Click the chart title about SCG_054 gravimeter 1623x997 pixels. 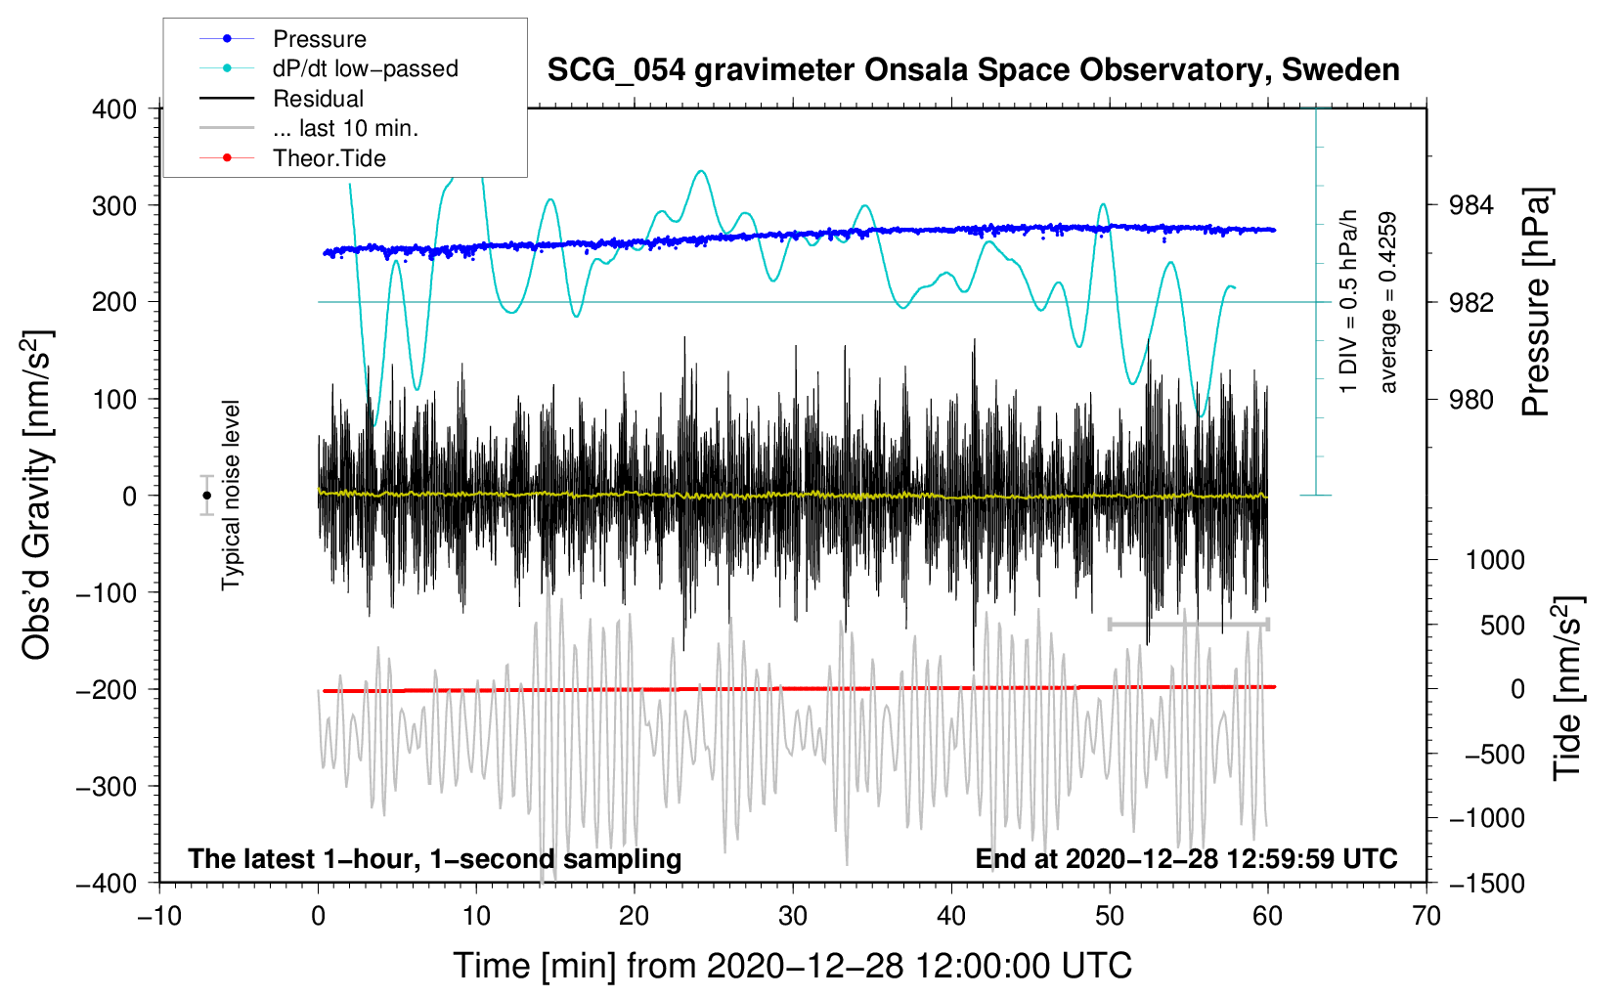point(973,70)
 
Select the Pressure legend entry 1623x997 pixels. point(320,39)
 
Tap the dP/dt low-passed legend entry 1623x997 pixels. point(365,68)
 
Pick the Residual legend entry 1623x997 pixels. point(318,99)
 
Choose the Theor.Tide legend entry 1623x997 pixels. point(329,158)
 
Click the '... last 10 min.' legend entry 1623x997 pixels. point(345,128)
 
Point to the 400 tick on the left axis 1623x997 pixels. point(115,108)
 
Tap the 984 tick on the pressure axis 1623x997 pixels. point(1470,205)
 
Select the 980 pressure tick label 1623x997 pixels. point(1470,399)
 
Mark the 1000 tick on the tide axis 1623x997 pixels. point(1494,560)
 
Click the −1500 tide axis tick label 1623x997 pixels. point(1486,883)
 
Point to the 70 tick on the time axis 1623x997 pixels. point(1426,916)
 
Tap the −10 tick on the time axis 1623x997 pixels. point(159,916)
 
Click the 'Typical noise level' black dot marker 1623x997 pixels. point(206,496)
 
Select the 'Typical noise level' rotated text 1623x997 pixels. point(231,495)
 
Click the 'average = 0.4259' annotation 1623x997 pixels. point(1388,303)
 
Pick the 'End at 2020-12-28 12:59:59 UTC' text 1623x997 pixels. point(1186,858)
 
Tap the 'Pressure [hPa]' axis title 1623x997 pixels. point(1536,303)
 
